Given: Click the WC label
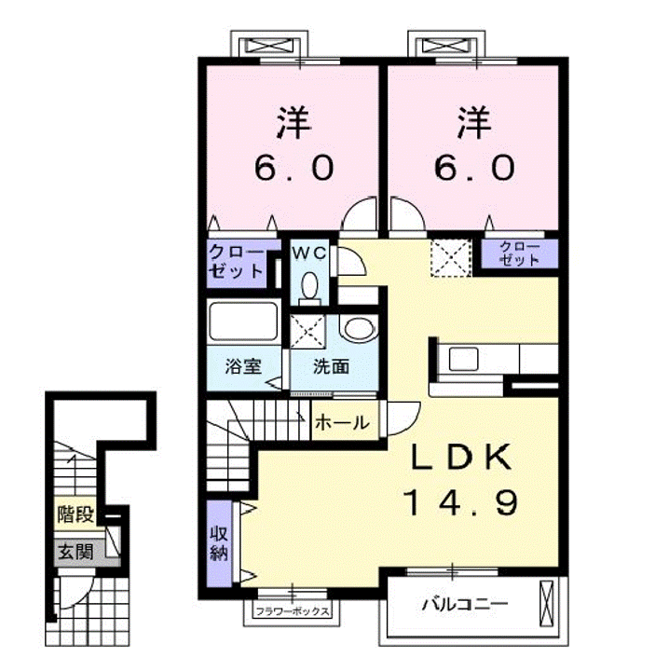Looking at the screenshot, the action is point(308,253).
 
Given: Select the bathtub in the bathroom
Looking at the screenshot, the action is point(243,322).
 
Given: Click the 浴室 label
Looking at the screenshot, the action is point(243,366).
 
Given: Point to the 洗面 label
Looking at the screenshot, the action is point(331,366).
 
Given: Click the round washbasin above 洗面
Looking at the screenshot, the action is point(360,330).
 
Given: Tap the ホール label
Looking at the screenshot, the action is point(342,423).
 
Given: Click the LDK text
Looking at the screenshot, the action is point(461,457).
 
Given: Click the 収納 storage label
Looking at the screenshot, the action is point(219,543).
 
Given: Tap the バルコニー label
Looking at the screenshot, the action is point(465,604).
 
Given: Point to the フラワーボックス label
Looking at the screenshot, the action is point(293,611).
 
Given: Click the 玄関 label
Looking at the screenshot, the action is point(75,552).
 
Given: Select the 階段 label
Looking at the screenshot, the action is point(75,514).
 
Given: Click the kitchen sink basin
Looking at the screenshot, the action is point(463,359).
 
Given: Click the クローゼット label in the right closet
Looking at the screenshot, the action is point(519,253).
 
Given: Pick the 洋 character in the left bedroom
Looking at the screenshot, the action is point(294,122).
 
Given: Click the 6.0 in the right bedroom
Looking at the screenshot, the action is point(475,168).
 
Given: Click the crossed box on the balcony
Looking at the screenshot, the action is point(546,604).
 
